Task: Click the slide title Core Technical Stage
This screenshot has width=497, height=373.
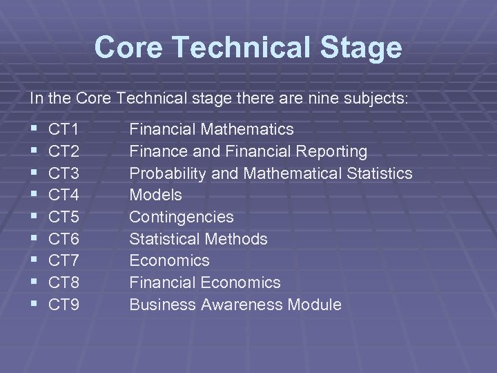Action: click(248, 48)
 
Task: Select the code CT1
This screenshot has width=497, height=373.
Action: click(64, 129)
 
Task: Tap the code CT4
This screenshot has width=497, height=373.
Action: click(64, 195)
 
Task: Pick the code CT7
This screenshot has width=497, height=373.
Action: click(64, 260)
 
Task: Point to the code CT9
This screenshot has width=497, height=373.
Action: click(64, 305)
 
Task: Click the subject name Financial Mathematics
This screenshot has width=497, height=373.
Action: click(211, 129)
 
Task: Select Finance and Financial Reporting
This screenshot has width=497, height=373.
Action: click(248, 151)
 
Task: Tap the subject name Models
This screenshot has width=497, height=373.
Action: click(156, 195)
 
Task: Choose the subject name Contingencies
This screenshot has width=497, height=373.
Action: click(182, 217)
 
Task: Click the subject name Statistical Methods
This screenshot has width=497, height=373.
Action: click(198, 239)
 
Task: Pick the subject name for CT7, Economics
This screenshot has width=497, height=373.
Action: click(169, 260)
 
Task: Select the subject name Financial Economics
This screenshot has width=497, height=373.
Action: click(205, 283)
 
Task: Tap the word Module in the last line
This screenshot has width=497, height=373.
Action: click(315, 305)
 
